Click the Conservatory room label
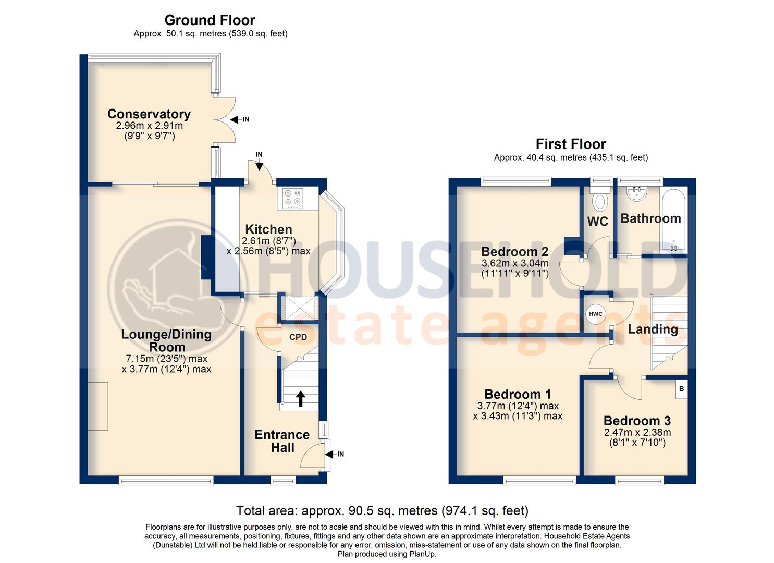149,114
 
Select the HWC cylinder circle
595,314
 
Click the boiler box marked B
681,389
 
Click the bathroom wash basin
636,194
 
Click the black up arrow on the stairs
300,399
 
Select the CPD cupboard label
298,337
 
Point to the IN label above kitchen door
259,155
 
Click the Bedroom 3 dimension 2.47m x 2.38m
637,432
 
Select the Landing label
653,329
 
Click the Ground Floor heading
210,20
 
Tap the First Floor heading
571,144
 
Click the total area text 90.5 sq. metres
382,510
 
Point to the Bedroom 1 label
518,394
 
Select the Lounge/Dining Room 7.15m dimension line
166,359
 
